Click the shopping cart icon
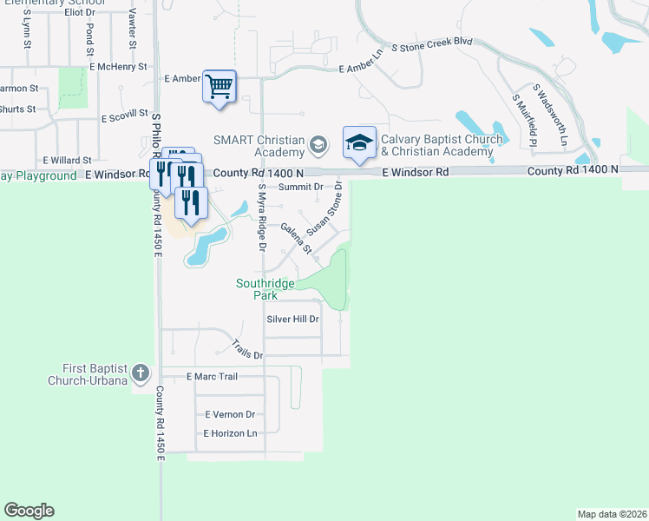(x=220, y=87)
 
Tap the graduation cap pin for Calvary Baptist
(x=359, y=143)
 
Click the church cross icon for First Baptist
(x=141, y=374)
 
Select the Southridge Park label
(x=265, y=289)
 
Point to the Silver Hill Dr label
(x=293, y=320)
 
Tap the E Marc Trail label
(x=213, y=376)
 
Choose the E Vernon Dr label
(x=230, y=414)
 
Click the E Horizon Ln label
(x=231, y=432)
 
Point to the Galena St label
(x=295, y=237)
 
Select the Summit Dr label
(x=301, y=187)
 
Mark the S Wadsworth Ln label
(x=550, y=115)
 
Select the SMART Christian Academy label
(x=260, y=146)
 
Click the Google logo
(x=29, y=511)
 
